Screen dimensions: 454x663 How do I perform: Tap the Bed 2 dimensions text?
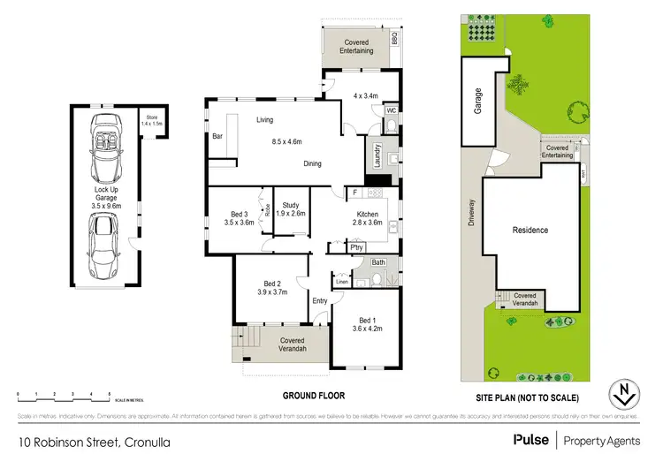272,292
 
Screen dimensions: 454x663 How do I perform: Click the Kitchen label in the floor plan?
367,215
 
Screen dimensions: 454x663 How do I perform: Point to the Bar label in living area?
217,136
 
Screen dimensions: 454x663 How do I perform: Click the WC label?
389,110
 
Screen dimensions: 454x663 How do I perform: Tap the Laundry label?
377,159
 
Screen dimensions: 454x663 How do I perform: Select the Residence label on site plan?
530,231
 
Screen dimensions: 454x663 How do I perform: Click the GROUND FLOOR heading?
313,396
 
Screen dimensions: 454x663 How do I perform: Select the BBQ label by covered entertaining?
395,40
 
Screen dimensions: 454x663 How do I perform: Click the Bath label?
379,263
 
